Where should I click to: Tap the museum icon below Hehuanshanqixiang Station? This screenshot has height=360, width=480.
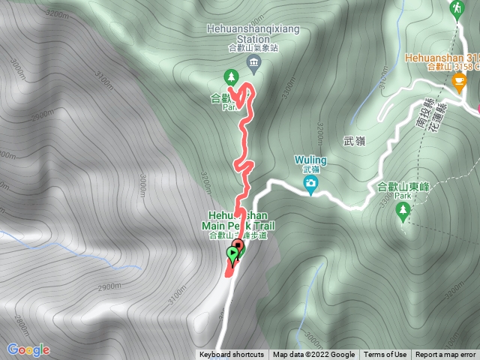click(253, 61)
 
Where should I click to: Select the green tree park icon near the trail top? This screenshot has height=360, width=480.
click(231, 76)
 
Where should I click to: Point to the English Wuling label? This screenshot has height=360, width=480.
click(310, 160)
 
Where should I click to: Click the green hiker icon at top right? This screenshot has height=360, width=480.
click(456, 8)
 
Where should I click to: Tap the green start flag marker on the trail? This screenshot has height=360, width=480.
click(232, 255)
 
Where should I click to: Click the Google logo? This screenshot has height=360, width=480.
click(28, 349)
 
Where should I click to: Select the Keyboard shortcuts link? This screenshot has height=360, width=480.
click(232, 355)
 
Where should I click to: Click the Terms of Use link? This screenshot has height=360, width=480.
click(385, 355)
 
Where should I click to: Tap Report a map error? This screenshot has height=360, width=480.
click(446, 355)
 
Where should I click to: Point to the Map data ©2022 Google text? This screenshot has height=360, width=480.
click(313, 355)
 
